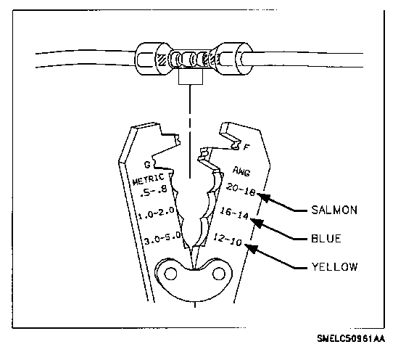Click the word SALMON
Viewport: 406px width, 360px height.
(334, 210)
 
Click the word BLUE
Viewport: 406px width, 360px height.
(326, 239)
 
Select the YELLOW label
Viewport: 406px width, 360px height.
(334, 266)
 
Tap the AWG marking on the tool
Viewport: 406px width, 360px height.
(241, 171)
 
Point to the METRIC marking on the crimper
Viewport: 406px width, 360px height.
(148, 179)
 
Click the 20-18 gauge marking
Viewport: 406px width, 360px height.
(241, 189)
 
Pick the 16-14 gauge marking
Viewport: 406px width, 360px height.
(234, 213)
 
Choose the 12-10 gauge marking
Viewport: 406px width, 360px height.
(228, 240)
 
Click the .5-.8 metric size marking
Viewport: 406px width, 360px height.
(153, 192)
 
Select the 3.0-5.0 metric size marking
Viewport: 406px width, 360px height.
(162, 239)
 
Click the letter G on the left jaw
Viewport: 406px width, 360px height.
(147, 165)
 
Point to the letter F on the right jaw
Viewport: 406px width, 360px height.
(246, 147)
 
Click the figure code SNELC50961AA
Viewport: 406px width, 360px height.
(351, 338)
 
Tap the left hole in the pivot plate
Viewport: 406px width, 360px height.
(170, 274)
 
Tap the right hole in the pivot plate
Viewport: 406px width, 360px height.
(218, 274)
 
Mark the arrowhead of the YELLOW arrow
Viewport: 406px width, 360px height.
(251, 248)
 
